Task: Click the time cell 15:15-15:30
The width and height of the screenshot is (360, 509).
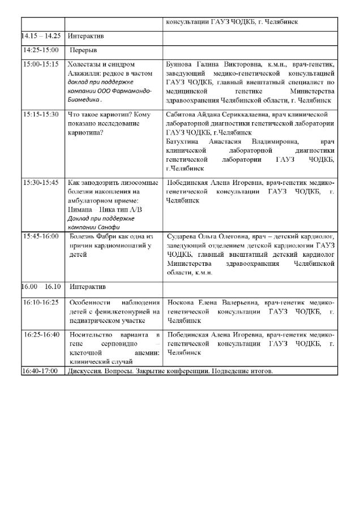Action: pos(41,114)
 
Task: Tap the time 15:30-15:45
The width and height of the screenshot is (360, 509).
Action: pos(41,183)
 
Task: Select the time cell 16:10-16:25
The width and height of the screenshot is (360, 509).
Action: pos(41,303)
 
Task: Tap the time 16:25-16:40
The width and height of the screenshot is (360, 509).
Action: pos(41,335)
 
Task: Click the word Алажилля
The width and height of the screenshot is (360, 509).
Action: pos(84,74)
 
